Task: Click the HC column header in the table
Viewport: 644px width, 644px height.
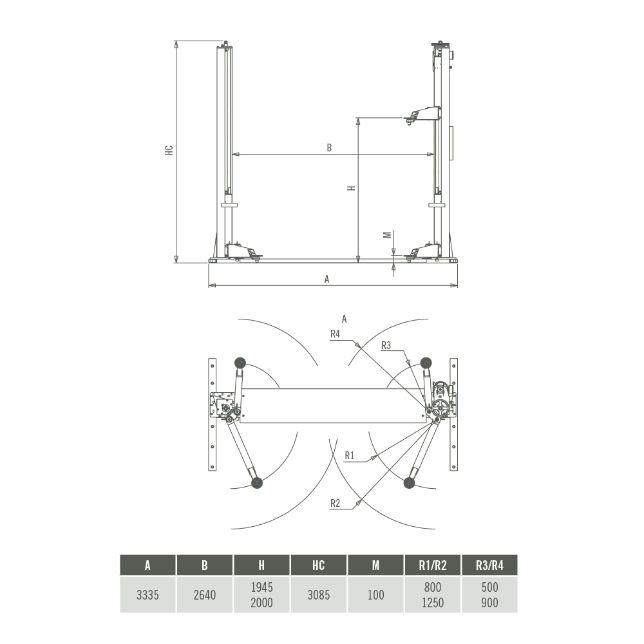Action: [318, 565]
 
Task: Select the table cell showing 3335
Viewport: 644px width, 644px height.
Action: [147, 594]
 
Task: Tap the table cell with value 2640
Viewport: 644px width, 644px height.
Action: [205, 594]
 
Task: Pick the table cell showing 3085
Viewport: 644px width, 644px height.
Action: [318, 594]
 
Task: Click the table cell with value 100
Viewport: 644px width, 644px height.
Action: [375, 594]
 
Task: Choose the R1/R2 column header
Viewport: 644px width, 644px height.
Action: [433, 565]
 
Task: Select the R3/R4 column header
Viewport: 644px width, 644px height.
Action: [489, 565]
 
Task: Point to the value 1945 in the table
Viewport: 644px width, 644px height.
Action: [261, 587]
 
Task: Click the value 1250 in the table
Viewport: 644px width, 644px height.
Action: [433, 603]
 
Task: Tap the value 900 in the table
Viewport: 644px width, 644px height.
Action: [489, 603]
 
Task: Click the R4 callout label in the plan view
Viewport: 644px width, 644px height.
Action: [335, 334]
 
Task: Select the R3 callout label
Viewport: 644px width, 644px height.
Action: [386, 345]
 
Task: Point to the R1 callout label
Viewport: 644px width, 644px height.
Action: [349, 455]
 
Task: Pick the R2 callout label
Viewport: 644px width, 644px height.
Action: [335, 503]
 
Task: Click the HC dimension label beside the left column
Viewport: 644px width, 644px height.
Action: [169, 150]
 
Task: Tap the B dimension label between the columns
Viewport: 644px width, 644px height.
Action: [329, 147]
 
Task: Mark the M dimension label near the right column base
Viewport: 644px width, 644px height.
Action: [387, 235]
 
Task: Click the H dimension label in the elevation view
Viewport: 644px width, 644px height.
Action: [351, 188]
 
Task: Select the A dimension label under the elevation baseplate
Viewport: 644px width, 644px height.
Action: [327, 279]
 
